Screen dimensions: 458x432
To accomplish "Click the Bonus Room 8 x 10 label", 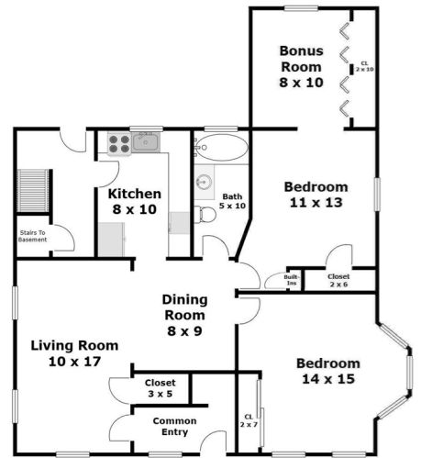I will pyautogui.click(x=301, y=67).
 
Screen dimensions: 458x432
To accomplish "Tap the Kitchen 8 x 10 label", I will pyautogui.click(x=135, y=202).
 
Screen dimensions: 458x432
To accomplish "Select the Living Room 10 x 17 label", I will pyautogui.click(x=74, y=353).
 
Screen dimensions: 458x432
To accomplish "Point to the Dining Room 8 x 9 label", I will pyautogui.click(x=184, y=315).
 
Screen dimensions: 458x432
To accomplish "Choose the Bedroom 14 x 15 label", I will pyautogui.click(x=327, y=370).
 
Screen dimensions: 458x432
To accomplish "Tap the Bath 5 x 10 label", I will pyautogui.click(x=232, y=201).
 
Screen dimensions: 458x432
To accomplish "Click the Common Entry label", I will pyautogui.click(x=170, y=426).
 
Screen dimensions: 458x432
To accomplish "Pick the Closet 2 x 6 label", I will pyautogui.click(x=338, y=279).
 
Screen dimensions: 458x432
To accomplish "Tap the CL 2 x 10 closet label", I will pyautogui.click(x=364, y=65).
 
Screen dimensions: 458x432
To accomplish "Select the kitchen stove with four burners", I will pyautogui.click(x=119, y=143).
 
